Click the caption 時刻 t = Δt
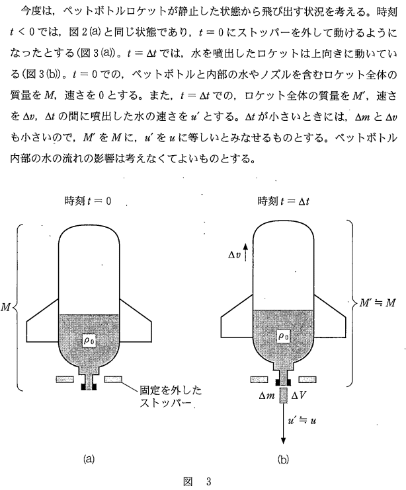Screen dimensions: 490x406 (283, 201)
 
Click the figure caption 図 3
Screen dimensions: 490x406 (196, 480)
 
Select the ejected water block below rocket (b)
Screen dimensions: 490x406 (284, 396)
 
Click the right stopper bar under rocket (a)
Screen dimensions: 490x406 (114, 379)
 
